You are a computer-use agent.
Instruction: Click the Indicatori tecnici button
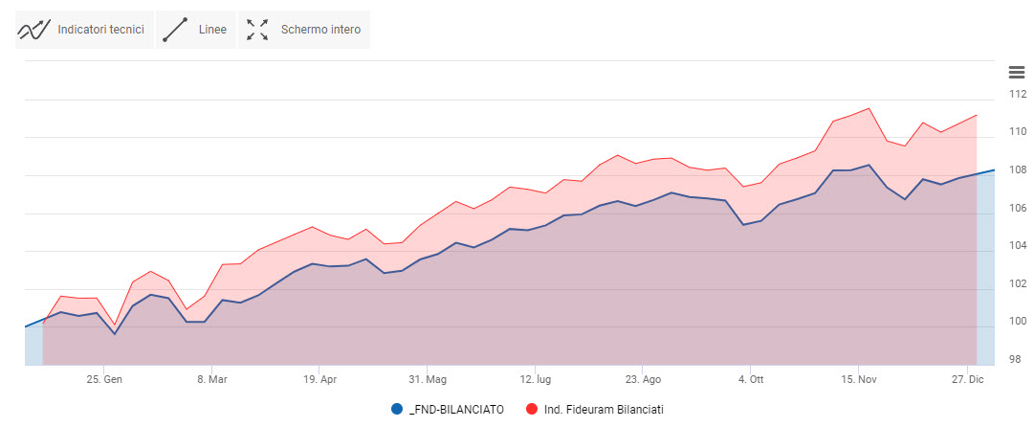point(84,30)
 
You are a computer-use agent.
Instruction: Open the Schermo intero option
point(304,30)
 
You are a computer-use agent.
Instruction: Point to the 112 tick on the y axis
point(1018,94)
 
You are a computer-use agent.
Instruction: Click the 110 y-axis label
point(1018,132)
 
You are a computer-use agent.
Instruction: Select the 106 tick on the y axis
point(1018,208)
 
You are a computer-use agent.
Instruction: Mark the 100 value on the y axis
point(1018,322)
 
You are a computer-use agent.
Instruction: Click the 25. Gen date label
point(104,379)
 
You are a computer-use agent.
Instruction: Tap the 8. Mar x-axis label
point(212,379)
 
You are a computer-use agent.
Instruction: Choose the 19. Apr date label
point(320,379)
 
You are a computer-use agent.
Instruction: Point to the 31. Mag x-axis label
point(428,379)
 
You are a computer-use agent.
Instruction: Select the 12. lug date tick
point(536,379)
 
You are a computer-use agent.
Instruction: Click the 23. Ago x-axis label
point(644,379)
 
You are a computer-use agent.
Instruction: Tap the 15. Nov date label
point(859,379)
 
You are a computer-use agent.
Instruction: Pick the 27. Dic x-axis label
point(967,379)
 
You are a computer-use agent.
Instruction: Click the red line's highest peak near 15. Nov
point(868,108)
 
